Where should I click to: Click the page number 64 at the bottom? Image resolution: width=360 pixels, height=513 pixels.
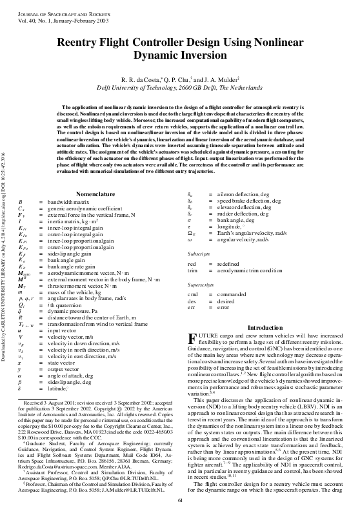pyautogui.click(x=180, y=501)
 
